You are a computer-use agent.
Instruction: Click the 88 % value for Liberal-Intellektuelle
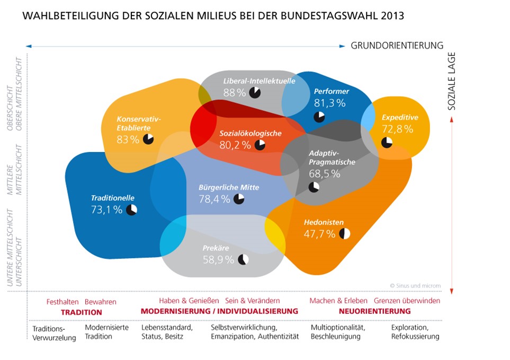pyautogui.click(x=234, y=93)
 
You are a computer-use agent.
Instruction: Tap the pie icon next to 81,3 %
pyautogui.click(x=319, y=116)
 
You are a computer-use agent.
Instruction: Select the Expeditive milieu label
pyautogui.click(x=400, y=118)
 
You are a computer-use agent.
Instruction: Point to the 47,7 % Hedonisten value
pyautogui.click(x=319, y=234)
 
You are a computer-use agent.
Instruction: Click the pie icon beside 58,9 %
pyautogui.click(x=243, y=259)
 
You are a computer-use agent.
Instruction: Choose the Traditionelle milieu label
pyautogui.click(x=112, y=198)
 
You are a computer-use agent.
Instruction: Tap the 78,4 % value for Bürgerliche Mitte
pyautogui.click(x=214, y=199)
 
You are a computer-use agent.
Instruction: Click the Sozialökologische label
pyautogui.click(x=250, y=133)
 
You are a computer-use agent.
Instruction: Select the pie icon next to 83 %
pyautogui.click(x=148, y=139)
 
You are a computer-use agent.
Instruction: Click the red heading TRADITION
pyautogui.click(x=81, y=312)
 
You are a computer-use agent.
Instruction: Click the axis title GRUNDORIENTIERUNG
pyautogui.click(x=397, y=46)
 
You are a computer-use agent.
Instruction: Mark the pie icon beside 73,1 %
pyautogui.click(x=131, y=210)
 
